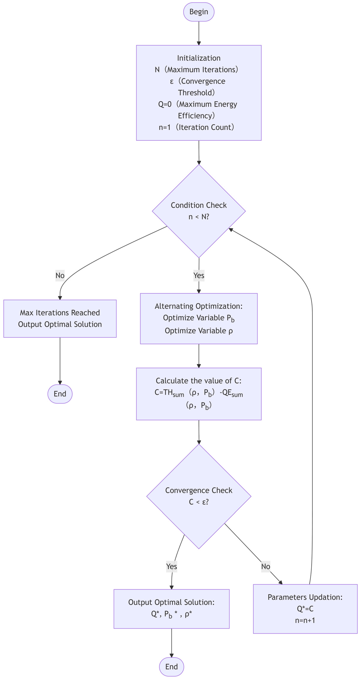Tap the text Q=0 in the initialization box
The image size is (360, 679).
[x=165, y=104]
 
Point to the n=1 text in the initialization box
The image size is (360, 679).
[x=164, y=127]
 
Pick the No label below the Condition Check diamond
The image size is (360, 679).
[x=60, y=275]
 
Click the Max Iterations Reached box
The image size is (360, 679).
[x=60, y=318]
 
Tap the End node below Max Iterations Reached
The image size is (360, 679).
[x=60, y=394]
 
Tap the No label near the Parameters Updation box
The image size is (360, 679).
[x=265, y=566]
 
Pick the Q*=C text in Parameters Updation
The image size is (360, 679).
[x=305, y=609]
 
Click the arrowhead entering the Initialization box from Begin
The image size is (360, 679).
[x=199, y=43]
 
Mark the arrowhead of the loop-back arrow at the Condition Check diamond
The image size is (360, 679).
[x=231, y=230]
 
